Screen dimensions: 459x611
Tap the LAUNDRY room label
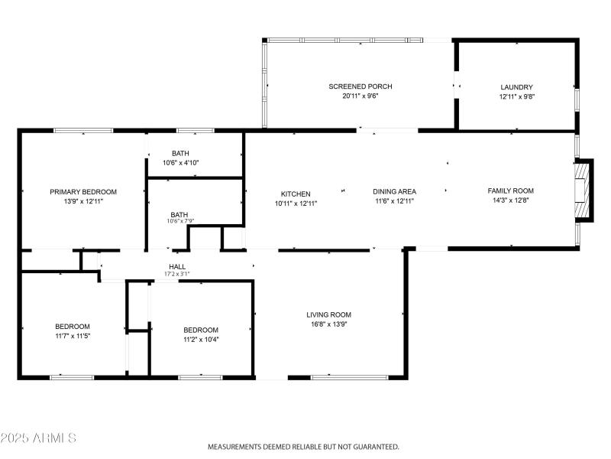516,87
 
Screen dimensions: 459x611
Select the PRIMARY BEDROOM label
83,191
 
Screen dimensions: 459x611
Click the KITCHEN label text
296,194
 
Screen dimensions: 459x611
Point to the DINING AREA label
394,191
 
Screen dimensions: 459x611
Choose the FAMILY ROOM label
511,190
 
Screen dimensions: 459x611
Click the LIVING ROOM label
328,314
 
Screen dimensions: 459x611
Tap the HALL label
177,267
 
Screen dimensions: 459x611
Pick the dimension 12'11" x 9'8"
516,97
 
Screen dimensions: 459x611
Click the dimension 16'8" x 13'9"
328,324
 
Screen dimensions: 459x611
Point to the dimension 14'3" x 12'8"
511,200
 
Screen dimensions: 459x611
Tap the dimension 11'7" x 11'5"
73,336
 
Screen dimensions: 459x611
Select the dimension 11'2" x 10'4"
201,340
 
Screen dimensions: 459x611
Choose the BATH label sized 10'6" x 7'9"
180,215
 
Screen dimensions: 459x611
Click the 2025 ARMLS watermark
38,438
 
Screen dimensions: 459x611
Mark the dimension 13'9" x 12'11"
83,201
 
